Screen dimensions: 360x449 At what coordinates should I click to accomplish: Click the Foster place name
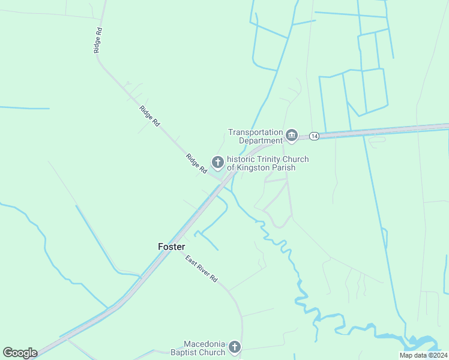tap(171, 247)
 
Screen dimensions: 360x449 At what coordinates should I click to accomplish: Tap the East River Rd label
tap(201, 271)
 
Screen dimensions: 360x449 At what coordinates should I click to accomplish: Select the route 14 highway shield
tap(314, 136)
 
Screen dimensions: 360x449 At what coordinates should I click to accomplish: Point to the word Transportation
tap(255, 132)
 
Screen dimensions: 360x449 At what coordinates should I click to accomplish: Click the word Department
tap(261, 140)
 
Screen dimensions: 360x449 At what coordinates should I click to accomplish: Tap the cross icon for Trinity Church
tap(217, 162)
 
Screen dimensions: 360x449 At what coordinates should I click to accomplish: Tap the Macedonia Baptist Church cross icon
tap(235, 347)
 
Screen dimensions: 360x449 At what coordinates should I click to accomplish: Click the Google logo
tap(20, 353)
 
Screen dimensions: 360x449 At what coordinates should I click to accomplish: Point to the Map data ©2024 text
tap(423, 355)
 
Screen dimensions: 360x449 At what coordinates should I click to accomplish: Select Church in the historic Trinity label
tap(296, 159)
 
